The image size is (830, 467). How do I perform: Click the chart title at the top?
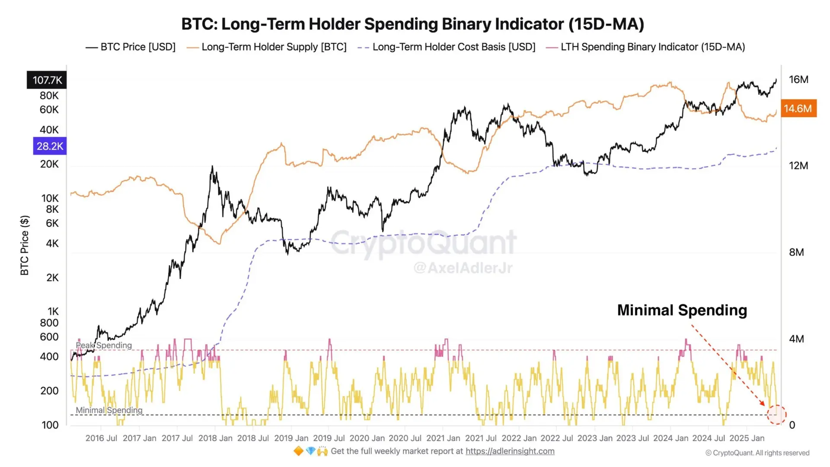pos(412,24)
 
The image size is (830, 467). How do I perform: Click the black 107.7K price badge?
pos(47,80)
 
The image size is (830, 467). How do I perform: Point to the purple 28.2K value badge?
pos(50,146)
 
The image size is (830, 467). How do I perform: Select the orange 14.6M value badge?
pos(798,109)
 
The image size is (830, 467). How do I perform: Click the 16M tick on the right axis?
pos(798,80)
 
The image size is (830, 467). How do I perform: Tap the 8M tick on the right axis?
pos(796,252)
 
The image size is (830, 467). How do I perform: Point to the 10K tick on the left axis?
pos(50,198)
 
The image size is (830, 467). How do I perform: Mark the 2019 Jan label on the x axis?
pos(291,438)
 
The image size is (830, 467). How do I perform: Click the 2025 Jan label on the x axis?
pos(747,438)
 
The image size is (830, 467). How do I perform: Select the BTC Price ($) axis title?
pos(25,245)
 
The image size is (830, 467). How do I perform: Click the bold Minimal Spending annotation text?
pos(682,310)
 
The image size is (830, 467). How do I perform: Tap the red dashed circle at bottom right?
pos(776,415)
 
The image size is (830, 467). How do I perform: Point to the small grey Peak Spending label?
pos(104,345)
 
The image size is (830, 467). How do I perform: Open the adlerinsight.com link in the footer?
pos(510,451)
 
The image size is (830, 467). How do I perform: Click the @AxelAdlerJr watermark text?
pos(463,268)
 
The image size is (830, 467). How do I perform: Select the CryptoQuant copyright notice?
pos(757,453)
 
